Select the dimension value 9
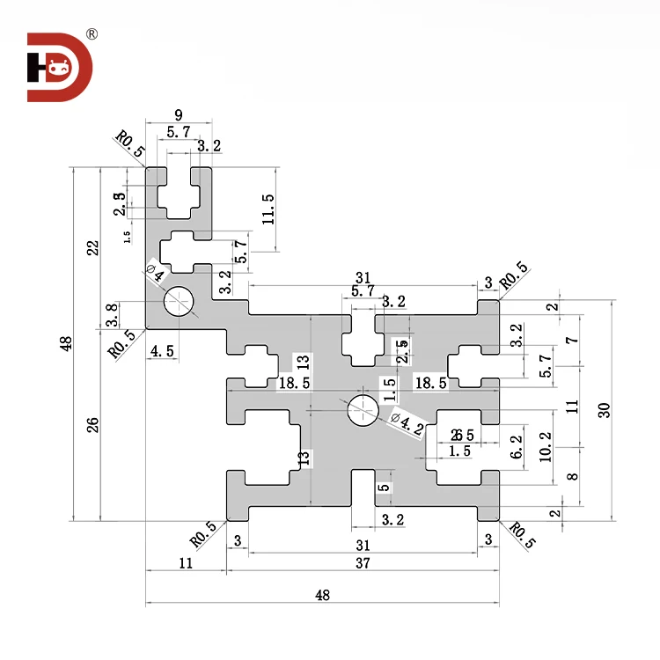coord(179,114)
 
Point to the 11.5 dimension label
coord(268,209)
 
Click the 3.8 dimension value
coord(113,315)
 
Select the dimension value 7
coord(573,340)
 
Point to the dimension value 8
coord(573,476)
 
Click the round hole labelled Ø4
coord(180,302)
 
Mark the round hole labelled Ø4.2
coord(363,410)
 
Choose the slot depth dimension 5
coord(383,487)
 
